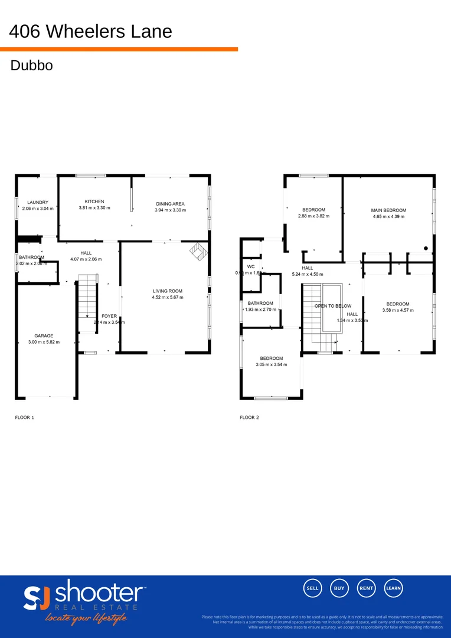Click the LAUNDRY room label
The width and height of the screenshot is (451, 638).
click(38, 202)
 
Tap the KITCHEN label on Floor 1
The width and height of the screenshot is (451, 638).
click(94, 201)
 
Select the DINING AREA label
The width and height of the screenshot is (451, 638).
click(170, 204)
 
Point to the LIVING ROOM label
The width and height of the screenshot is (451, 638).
click(168, 291)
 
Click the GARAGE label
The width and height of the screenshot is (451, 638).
click(44, 336)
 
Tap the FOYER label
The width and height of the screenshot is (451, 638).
click(109, 316)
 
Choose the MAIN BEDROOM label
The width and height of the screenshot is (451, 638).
click(388, 210)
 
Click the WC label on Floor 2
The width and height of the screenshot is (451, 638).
click(251, 266)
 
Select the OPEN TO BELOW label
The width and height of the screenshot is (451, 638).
click(333, 306)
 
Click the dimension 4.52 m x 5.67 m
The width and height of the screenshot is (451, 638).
click(168, 298)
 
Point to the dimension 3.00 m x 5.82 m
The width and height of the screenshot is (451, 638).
click(44, 342)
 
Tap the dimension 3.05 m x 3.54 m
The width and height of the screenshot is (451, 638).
click(272, 364)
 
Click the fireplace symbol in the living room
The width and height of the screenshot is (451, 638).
click(198, 252)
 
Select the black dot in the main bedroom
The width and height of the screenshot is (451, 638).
click(426, 249)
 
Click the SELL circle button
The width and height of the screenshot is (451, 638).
click(312, 588)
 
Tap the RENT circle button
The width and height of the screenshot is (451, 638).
click(367, 588)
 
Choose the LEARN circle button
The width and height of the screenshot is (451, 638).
click(394, 588)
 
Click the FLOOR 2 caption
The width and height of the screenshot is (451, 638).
click(249, 418)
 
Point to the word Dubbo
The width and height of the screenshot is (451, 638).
click(32, 66)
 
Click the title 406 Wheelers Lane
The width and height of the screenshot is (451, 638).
click(91, 31)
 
